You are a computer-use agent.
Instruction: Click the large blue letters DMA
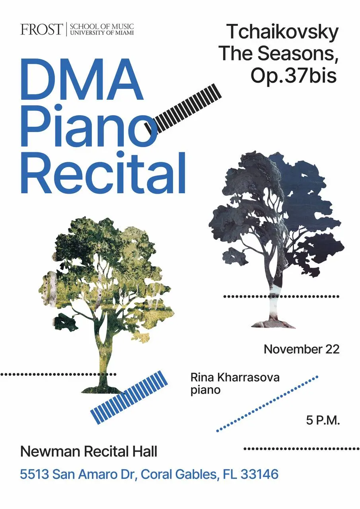point(82,80)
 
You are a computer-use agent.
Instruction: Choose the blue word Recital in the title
point(103,173)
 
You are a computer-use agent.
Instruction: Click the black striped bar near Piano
point(183,109)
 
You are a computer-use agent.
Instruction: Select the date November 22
point(302,349)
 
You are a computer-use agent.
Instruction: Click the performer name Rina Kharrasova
point(235,377)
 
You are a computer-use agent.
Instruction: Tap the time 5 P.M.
point(323,420)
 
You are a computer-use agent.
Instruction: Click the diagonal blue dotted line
point(267,404)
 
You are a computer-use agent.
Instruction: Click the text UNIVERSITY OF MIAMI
point(101,33)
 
